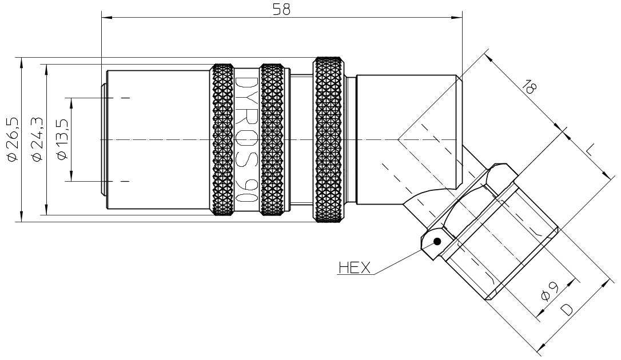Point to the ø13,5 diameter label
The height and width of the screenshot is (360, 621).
click(x=63, y=139)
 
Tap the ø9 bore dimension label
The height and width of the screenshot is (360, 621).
click(x=550, y=291)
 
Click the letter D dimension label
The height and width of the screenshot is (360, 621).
click(x=567, y=309)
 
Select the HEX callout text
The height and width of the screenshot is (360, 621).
click(x=355, y=268)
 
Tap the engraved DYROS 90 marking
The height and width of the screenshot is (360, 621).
click(x=247, y=139)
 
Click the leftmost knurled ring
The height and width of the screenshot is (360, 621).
click(x=222, y=139)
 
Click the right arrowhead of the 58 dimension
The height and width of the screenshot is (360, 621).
click(x=457, y=17)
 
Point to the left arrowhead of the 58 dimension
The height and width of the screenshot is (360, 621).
click(x=107, y=17)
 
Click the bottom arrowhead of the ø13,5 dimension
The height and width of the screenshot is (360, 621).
click(x=71, y=176)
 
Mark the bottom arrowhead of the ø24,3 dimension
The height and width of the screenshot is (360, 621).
click(x=47, y=210)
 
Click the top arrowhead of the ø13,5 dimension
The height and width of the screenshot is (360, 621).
click(x=71, y=103)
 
